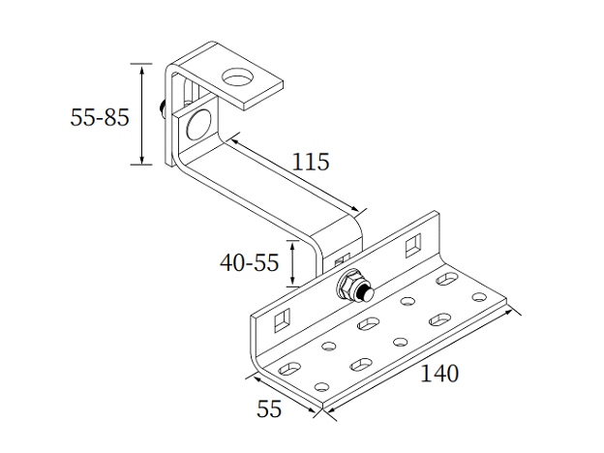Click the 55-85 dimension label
(99, 117)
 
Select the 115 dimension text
(311, 162)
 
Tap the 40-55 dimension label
(249, 261)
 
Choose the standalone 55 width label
(269, 408)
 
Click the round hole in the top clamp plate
(235, 76)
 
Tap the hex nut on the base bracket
(346, 287)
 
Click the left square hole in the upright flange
(283, 317)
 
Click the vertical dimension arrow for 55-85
(142, 114)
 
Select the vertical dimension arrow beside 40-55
(292, 261)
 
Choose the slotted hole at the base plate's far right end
(447, 279)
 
